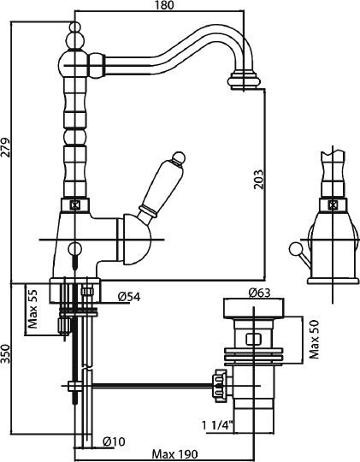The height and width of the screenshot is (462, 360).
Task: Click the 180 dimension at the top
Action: (165, 5)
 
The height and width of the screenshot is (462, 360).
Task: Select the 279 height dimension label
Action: (7, 147)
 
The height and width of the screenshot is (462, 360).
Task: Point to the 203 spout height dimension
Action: (257, 179)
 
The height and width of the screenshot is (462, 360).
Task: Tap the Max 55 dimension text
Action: (32, 309)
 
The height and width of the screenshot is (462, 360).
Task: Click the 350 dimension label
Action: (6, 353)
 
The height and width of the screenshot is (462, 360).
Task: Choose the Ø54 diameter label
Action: (129, 297)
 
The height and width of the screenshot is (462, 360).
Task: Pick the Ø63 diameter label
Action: (259, 293)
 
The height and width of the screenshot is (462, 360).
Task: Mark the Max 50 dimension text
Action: (315, 339)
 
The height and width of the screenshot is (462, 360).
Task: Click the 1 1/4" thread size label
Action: (217, 425)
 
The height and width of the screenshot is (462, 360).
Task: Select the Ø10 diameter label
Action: (114, 441)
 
